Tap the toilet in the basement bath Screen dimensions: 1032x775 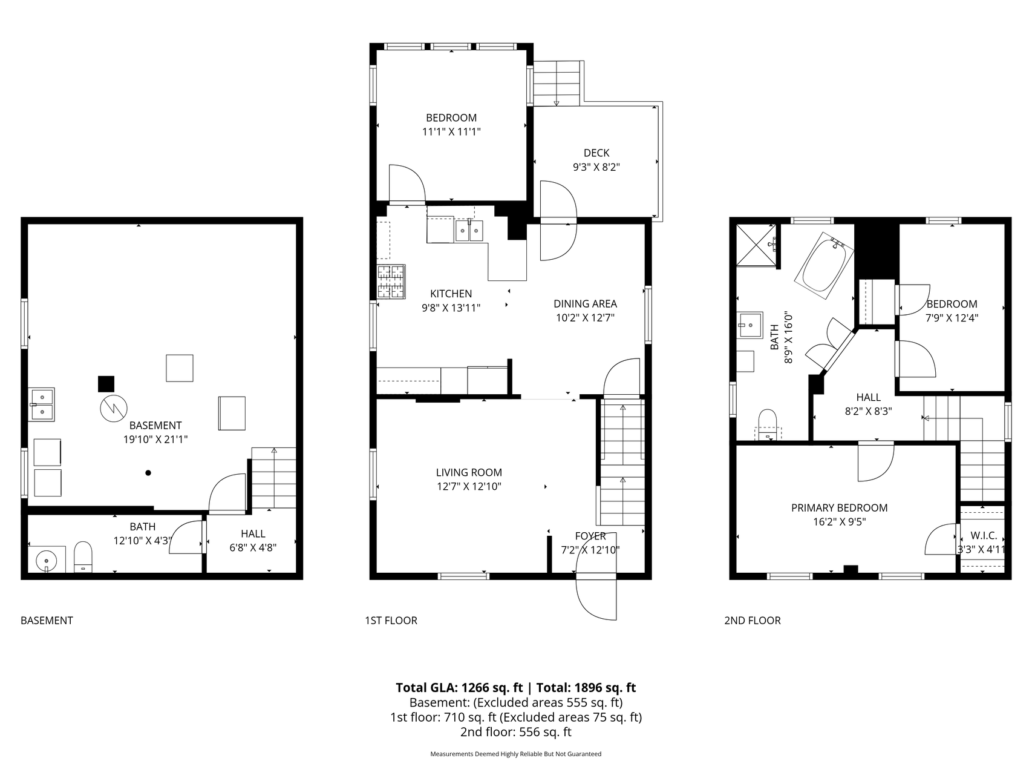tap(82, 556)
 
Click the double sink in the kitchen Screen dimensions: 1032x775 tap(469, 231)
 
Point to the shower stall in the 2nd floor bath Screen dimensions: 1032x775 tap(756, 245)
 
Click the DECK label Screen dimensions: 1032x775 tap(596, 153)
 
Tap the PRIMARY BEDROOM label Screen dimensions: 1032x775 tap(839, 508)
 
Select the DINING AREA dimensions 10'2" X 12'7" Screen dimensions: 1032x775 tap(585, 317)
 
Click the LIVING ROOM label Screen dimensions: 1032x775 tap(469, 472)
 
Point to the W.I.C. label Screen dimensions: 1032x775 tap(984, 536)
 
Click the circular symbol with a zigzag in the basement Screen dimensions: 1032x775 tap(113, 409)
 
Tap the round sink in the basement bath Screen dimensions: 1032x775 tap(47, 560)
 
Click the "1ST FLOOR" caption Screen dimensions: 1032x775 tap(391, 621)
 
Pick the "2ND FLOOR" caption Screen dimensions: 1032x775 tap(753, 621)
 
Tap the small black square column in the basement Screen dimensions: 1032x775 tap(106, 384)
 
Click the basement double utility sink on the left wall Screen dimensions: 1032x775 tap(42, 404)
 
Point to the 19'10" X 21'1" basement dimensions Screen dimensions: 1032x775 tap(155, 440)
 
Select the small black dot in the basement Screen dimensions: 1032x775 tap(148, 473)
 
